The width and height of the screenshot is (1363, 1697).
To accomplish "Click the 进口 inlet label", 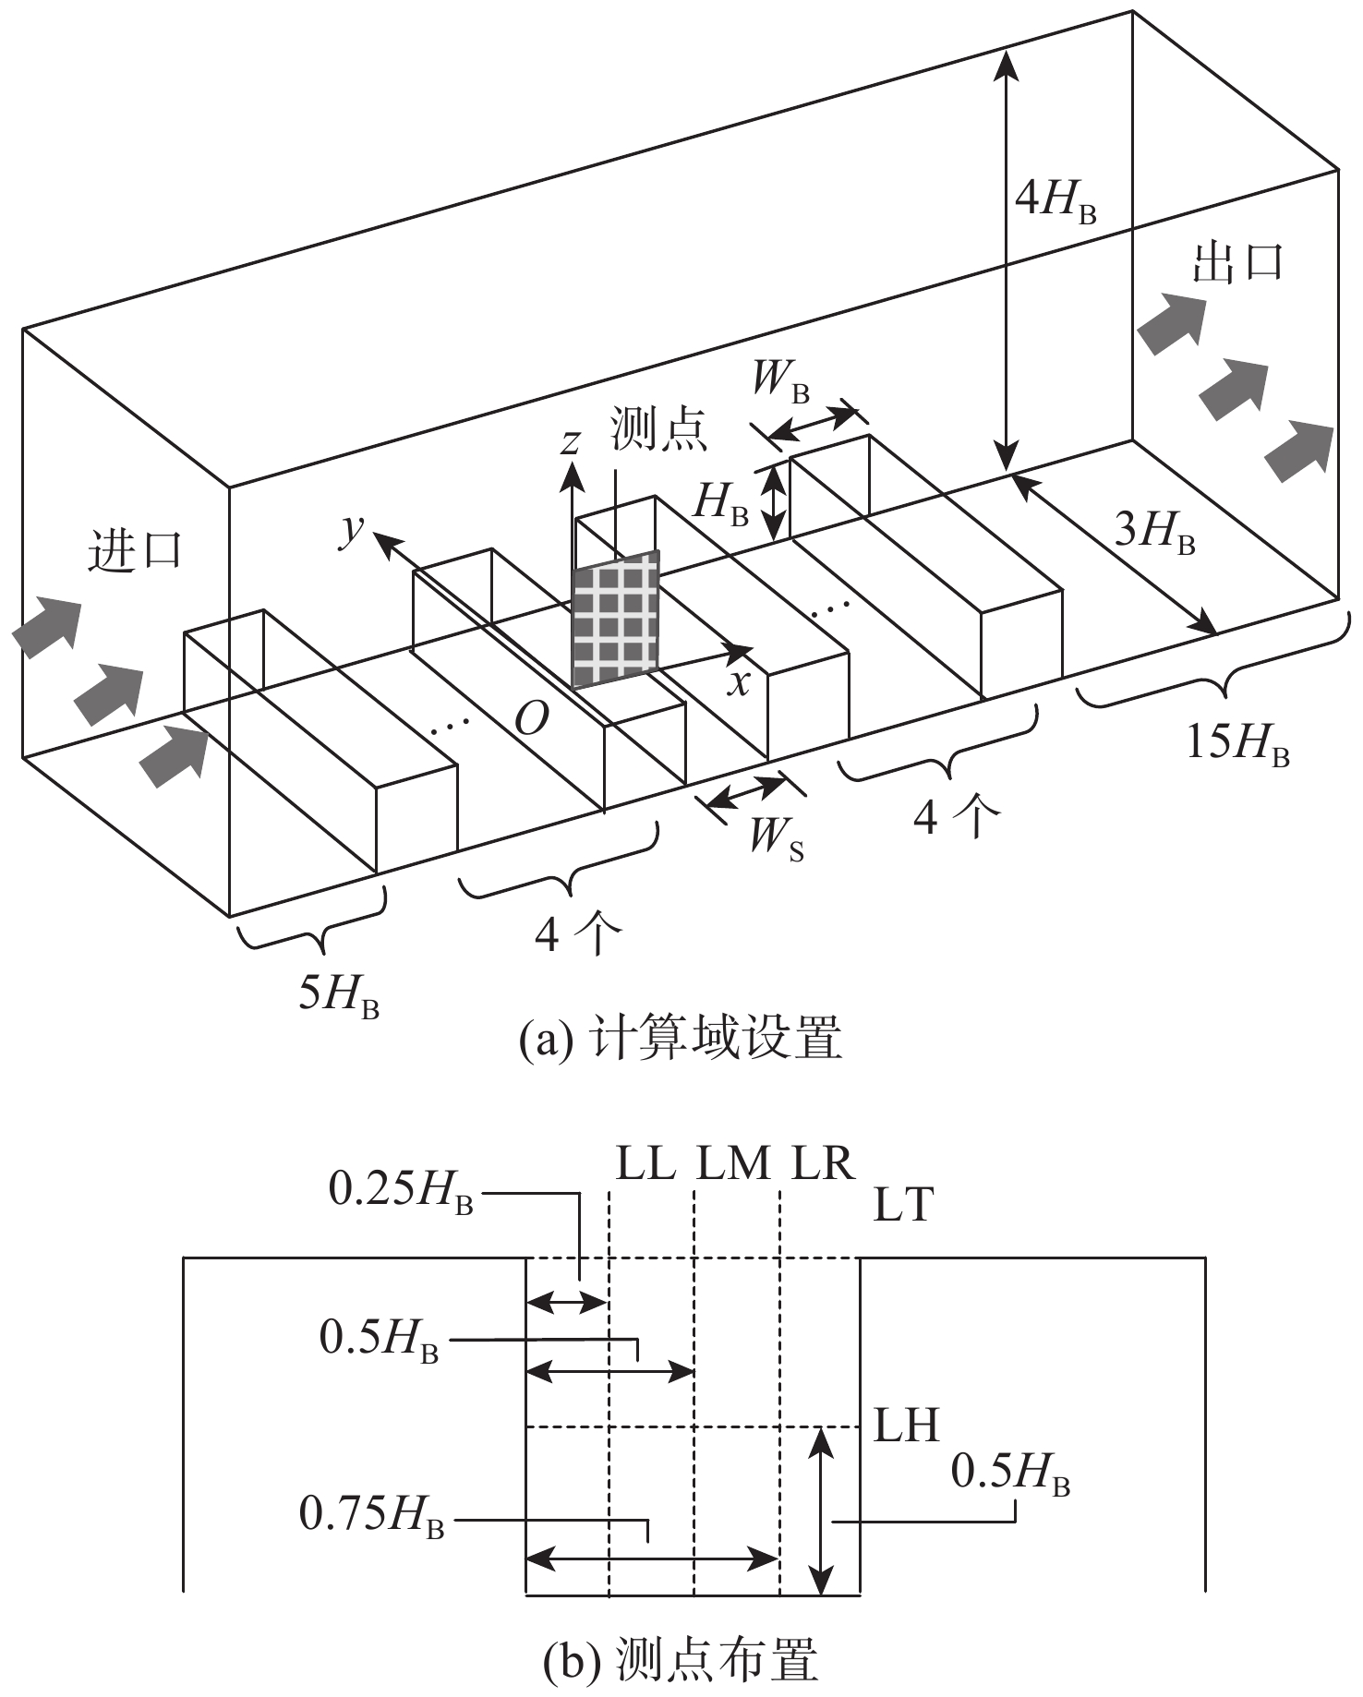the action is coord(135,552).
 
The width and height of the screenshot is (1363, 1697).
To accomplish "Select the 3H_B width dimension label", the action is coord(1155,533).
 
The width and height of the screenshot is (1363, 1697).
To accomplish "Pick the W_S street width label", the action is coord(777,840).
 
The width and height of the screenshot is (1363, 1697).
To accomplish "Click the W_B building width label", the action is coord(781,379).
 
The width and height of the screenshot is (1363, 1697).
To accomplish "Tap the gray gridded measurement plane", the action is coord(616,620).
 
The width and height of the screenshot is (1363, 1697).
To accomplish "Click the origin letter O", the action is coord(532,719).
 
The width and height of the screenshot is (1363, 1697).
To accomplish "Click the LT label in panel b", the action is coord(904,1205).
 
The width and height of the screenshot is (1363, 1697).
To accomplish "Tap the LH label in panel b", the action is coord(907,1426).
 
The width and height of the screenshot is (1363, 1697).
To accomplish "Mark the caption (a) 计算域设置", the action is coord(681,1041).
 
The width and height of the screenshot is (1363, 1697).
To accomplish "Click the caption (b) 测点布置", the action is coord(681,1662).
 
